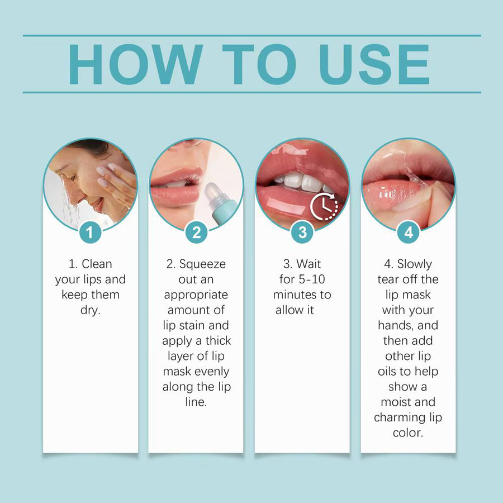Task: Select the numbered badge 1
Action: tap(90, 232)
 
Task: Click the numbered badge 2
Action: tap(196, 232)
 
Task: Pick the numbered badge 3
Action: tap(302, 232)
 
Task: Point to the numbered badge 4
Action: tap(409, 232)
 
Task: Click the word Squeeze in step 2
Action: tap(202, 264)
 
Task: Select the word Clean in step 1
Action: tap(97, 264)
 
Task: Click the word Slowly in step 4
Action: tap(415, 264)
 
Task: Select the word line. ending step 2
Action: tap(196, 402)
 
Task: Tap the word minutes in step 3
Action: tap(295, 295)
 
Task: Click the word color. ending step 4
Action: tap(408, 433)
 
